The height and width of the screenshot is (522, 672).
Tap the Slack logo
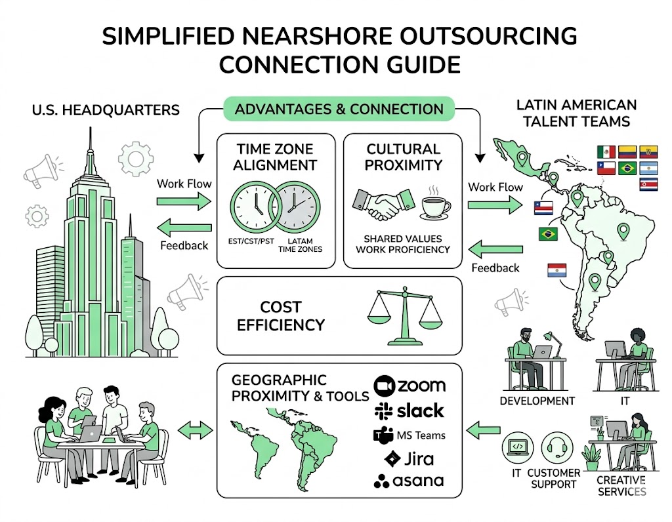408,411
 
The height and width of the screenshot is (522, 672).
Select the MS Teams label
408,435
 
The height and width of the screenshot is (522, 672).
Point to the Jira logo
409,458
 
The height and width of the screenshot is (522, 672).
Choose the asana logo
408,481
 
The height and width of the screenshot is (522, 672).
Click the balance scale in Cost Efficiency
403,317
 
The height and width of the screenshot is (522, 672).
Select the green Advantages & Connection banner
339,109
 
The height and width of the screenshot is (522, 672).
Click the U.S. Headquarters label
105,109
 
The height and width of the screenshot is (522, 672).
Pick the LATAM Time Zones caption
300,245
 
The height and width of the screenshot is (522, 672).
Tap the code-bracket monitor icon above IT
516,447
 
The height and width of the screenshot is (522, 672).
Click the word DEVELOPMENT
537,401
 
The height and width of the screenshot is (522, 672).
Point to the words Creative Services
621,486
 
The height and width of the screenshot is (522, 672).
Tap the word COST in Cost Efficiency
280,307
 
